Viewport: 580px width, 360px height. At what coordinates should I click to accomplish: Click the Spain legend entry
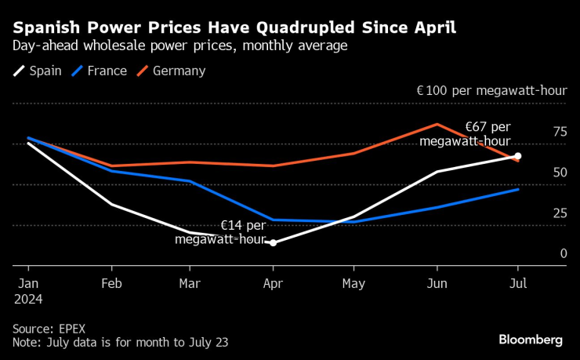[x=38, y=71]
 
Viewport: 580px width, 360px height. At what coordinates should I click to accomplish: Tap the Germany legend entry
[x=171, y=71]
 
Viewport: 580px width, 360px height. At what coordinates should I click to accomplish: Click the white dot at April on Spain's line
[x=273, y=243]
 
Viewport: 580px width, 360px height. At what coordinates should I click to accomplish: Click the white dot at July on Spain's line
[x=518, y=156]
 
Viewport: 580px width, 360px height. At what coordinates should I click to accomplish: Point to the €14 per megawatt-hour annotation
[x=221, y=232]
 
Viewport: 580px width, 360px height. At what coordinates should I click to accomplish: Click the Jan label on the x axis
[x=27, y=283]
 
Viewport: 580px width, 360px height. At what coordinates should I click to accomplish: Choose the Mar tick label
[x=192, y=283]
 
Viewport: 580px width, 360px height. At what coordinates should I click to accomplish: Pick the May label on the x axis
[x=354, y=283]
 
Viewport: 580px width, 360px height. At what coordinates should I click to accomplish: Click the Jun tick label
[x=437, y=283]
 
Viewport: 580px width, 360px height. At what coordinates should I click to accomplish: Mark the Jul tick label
[x=518, y=283]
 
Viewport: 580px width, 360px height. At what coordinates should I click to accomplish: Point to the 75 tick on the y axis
[x=559, y=132]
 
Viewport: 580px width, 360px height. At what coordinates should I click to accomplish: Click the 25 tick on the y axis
[x=559, y=213]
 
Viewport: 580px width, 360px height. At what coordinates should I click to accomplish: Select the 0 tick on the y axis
[x=562, y=254]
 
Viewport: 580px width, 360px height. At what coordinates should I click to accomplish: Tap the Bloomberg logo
[x=531, y=340]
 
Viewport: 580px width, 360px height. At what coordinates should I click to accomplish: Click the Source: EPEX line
[x=48, y=328]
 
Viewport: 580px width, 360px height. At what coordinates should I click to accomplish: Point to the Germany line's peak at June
[x=437, y=124]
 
